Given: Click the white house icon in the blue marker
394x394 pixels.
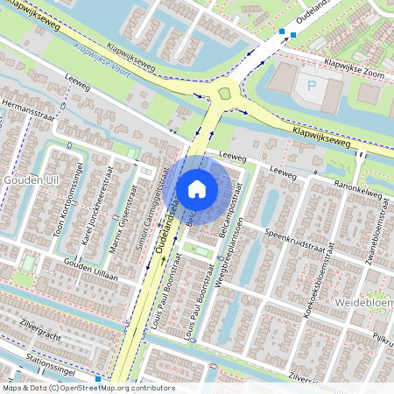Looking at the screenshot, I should [197, 188].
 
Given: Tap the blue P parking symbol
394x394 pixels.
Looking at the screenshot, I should [312, 86].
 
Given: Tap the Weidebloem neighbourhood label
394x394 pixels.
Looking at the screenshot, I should [363, 302].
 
